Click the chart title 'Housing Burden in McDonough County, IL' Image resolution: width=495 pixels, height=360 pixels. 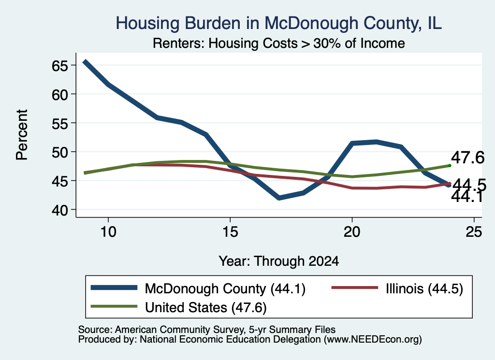tap(278, 23)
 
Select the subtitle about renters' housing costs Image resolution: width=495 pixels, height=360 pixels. tap(279, 43)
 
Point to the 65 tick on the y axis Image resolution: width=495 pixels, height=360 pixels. tap(60, 66)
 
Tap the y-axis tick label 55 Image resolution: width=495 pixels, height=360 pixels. tap(60, 123)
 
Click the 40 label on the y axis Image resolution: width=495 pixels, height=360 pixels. tap(60, 210)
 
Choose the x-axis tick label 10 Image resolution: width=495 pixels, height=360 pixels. tap(108, 232)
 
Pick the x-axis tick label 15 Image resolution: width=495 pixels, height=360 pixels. tap(230, 232)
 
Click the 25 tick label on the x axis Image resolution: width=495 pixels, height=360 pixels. tap(474, 232)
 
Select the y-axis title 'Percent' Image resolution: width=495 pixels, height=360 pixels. tap(22, 135)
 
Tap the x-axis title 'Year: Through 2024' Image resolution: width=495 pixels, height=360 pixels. tap(279, 261)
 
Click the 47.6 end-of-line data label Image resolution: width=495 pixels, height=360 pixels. tap(467, 157)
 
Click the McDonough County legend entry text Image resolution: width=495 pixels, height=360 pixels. tap(225, 288)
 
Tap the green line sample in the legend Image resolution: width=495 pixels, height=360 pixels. tap(114, 306)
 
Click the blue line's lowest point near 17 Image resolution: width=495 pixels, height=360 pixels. tap(279, 198)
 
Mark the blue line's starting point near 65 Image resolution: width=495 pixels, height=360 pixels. tap(85, 62)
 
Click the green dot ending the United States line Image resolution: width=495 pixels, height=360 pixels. tap(450, 166)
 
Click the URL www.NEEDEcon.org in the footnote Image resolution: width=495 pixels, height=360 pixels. tap(373, 340)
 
